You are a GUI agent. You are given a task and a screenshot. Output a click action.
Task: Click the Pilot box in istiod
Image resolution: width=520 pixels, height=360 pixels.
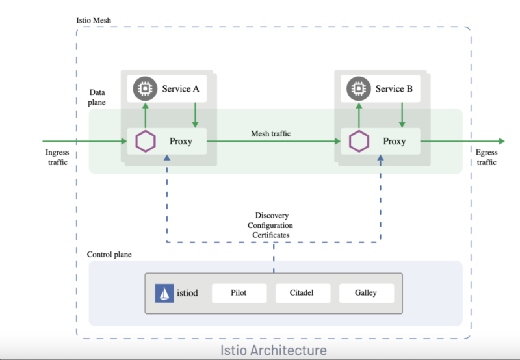click(x=239, y=293)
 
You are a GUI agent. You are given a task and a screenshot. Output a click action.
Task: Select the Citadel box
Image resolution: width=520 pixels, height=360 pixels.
click(x=302, y=293)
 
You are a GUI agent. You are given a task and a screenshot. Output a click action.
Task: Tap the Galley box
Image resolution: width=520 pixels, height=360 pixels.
click(x=366, y=293)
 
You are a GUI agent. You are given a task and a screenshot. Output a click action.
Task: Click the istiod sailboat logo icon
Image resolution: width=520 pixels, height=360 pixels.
click(x=164, y=293)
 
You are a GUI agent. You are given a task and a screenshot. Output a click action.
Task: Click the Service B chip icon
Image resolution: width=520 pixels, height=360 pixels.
click(x=357, y=88)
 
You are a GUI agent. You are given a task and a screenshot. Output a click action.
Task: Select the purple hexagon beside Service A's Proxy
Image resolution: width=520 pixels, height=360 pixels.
click(x=145, y=141)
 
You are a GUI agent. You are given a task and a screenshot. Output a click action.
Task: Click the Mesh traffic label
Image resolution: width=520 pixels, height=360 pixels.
click(x=271, y=134)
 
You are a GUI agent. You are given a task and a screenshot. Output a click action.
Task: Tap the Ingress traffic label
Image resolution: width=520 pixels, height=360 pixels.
click(x=57, y=157)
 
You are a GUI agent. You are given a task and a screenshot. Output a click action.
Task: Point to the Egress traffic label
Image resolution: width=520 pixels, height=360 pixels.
click(x=487, y=157)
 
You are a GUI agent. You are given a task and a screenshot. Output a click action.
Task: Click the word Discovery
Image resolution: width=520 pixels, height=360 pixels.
click(x=272, y=215)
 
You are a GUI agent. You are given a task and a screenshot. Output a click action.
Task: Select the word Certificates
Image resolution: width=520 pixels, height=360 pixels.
click(x=272, y=234)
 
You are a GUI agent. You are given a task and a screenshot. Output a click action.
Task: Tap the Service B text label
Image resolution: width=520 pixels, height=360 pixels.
click(x=394, y=88)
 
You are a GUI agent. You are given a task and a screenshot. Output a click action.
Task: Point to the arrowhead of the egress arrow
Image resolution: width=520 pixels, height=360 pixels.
click(x=500, y=141)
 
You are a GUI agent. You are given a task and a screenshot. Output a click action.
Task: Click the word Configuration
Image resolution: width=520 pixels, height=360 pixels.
click(x=272, y=225)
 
